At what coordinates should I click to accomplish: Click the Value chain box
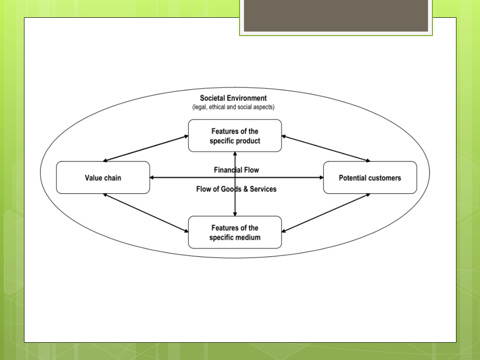103,177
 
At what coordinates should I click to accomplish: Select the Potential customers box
370,177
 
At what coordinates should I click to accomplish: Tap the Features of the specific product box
235,136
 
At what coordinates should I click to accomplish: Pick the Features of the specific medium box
235,232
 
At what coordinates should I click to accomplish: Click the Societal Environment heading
233,98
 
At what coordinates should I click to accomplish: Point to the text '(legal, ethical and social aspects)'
233,107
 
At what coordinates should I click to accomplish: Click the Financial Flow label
236,170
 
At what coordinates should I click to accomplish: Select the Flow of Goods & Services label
236,189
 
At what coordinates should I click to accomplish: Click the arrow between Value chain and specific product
146,148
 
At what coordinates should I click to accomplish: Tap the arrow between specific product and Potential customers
326,148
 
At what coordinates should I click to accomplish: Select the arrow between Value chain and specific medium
146,213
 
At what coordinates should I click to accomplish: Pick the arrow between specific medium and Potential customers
326,213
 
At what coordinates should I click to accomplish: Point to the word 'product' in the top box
248,141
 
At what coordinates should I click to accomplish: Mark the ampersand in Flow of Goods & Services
245,189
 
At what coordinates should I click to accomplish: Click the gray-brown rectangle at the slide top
336,16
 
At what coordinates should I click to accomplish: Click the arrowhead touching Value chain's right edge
152,177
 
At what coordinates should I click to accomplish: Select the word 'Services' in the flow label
263,189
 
